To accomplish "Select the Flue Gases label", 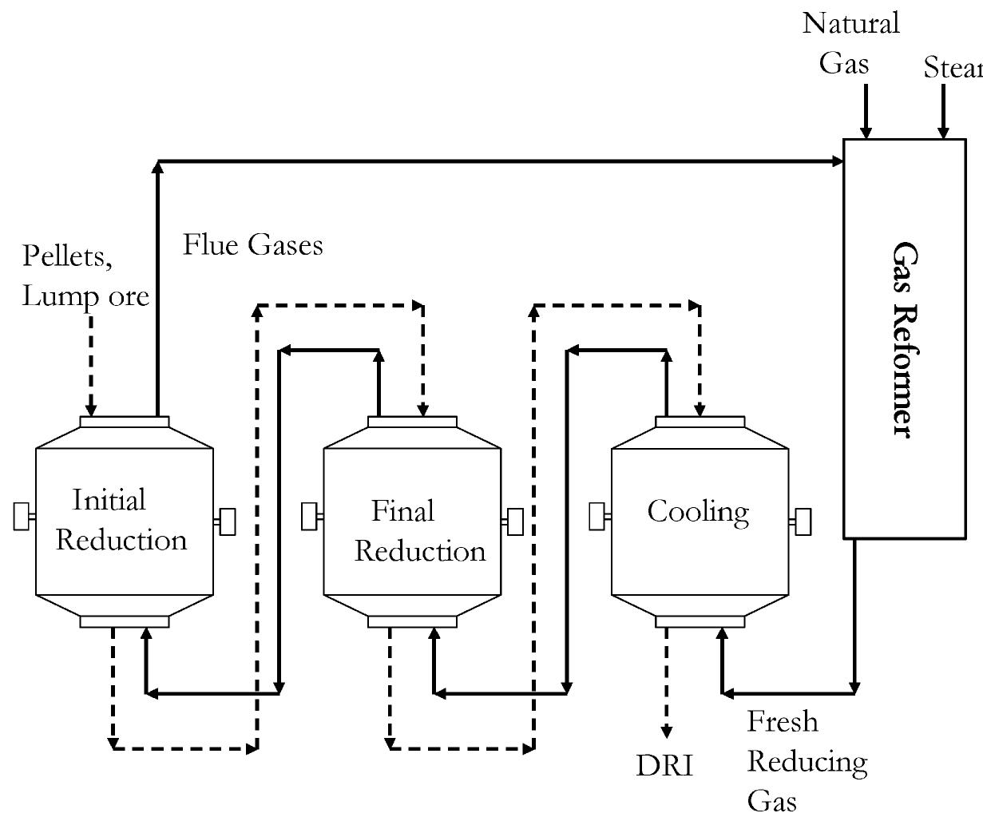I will [x=253, y=244].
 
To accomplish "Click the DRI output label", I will [x=664, y=765].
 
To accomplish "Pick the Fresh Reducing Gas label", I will [x=806, y=761].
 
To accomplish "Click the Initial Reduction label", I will [x=121, y=521].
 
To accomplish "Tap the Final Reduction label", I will [x=418, y=531].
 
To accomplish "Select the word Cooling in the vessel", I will [x=698, y=512].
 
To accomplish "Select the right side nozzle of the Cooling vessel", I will [x=802, y=522].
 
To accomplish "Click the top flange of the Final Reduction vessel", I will [x=412, y=422].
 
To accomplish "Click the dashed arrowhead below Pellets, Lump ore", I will [x=91, y=410].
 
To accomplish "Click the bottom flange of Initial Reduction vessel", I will [x=125, y=621].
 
